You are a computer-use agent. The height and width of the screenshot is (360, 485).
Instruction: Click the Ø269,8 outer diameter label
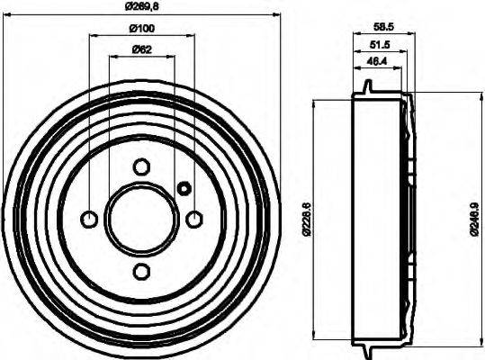140,6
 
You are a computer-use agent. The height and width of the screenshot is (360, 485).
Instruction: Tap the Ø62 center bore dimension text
140,49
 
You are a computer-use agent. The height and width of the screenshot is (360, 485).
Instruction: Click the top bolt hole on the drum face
141,166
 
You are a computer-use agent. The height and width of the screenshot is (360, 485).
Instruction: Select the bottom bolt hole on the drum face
141,272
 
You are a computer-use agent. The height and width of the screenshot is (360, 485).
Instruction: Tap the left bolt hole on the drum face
89,219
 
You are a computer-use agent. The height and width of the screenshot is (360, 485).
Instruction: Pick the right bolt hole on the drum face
193,219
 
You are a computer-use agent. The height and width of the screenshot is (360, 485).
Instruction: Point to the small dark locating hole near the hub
184,188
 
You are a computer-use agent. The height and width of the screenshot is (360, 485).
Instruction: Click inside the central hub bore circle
141,219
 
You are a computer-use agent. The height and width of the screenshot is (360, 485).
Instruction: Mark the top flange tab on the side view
369,86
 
